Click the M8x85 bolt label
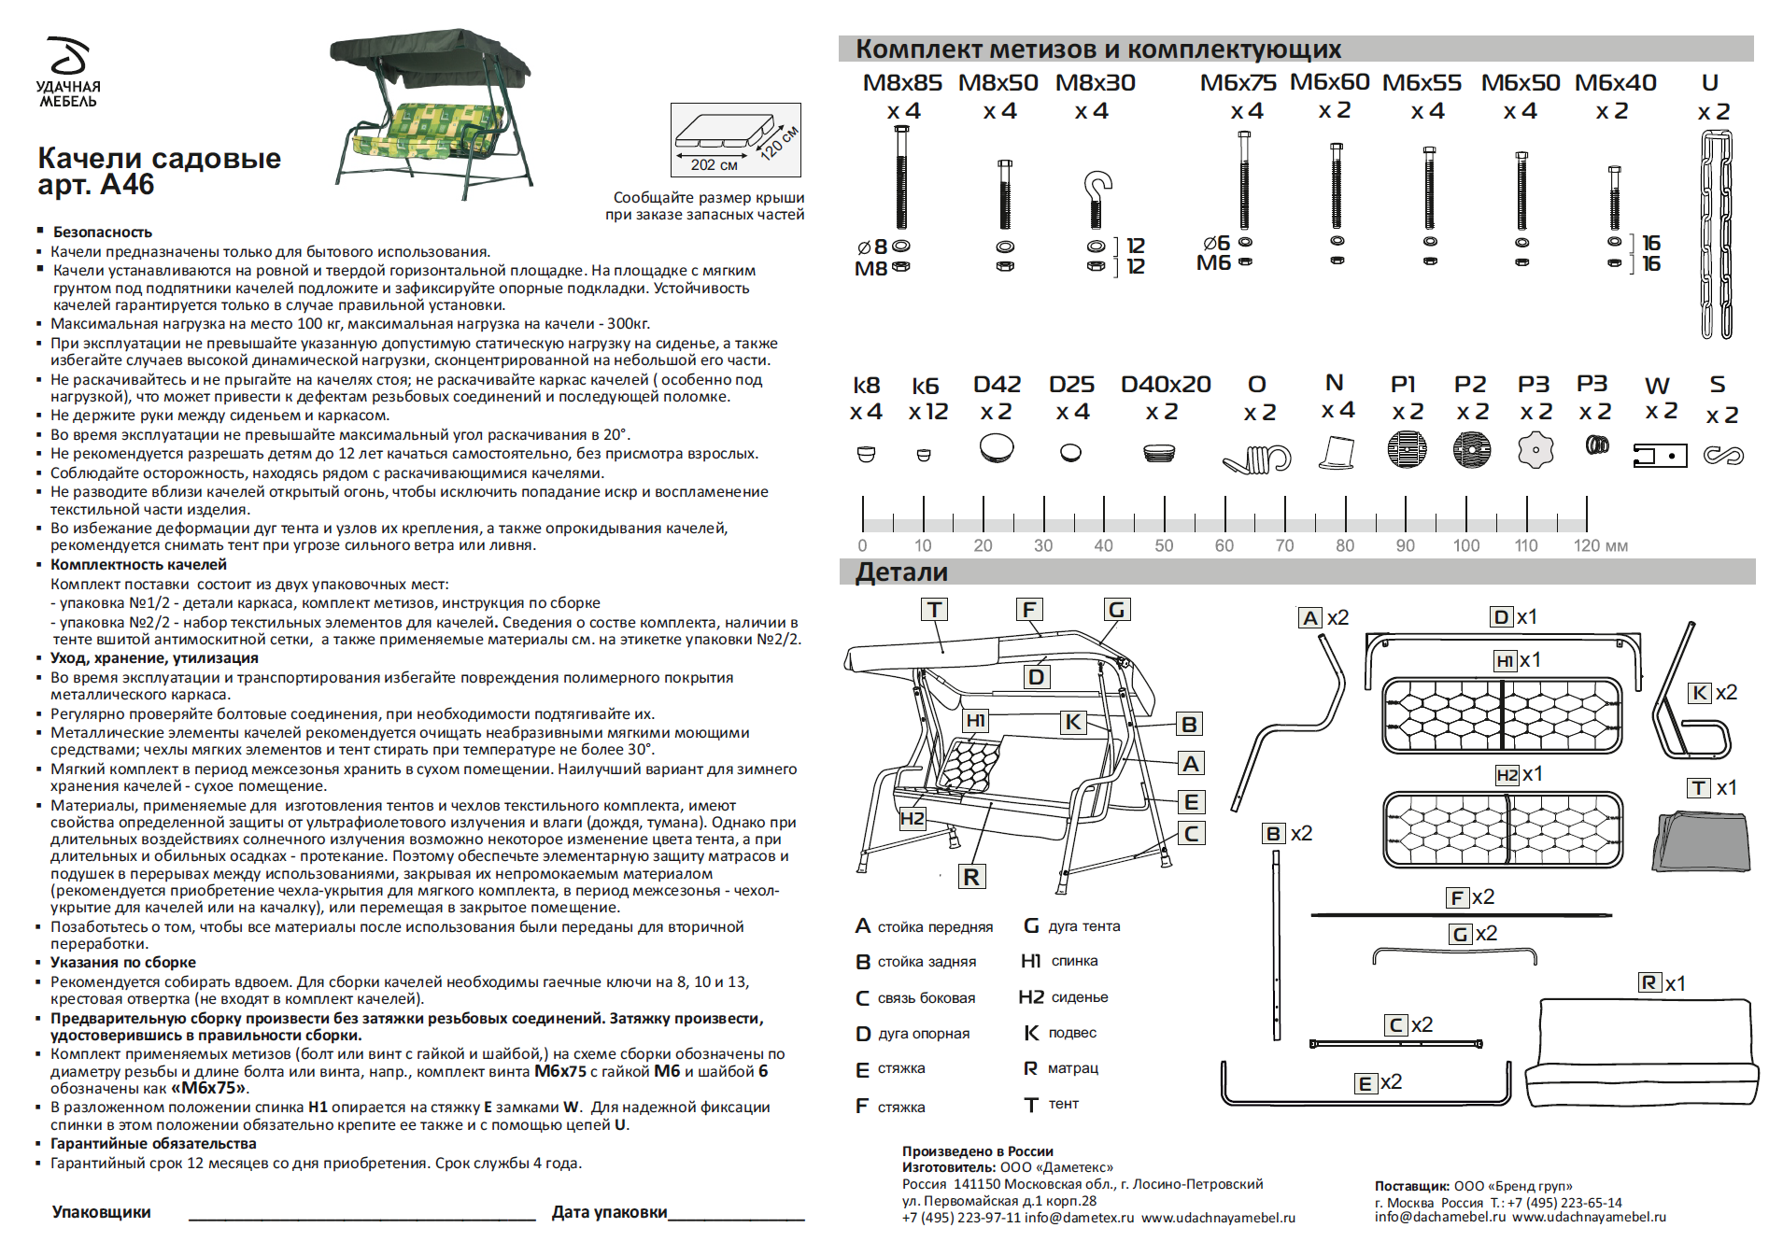click(x=901, y=83)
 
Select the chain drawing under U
click(x=1715, y=233)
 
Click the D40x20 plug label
click(x=1165, y=385)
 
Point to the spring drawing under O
click(x=1257, y=458)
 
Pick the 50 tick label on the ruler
click(x=1164, y=545)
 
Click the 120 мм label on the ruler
click(x=1600, y=545)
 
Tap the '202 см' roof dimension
click(x=714, y=165)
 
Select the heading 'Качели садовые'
click(x=159, y=158)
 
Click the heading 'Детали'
click(x=901, y=572)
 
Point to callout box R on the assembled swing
click(x=971, y=877)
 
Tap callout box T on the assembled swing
click(x=934, y=610)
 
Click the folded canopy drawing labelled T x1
click(x=1701, y=842)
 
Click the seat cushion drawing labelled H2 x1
click(x=1503, y=828)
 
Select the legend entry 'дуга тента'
click(x=1083, y=926)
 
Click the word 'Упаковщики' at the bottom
click(x=101, y=1212)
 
